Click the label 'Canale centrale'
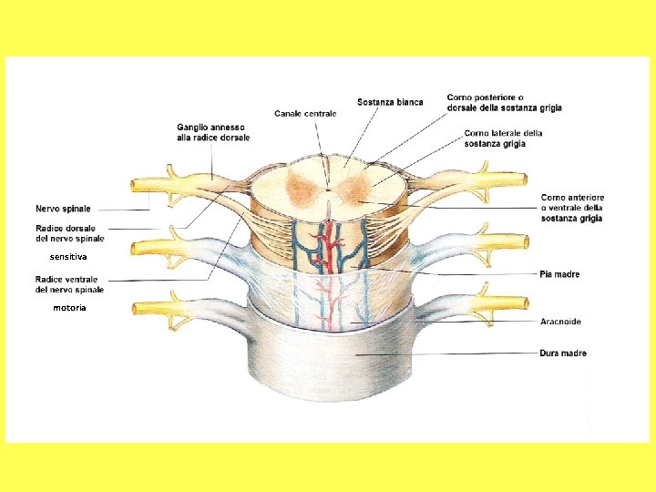click(305, 114)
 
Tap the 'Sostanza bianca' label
click(390, 102)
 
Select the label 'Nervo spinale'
click(63, 209)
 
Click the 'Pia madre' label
click(559, 274)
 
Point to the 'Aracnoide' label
click(560, 322)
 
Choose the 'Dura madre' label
click(563, 354)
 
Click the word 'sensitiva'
click(68, 258)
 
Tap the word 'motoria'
click(69, 309)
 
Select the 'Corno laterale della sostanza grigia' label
click(503, 138)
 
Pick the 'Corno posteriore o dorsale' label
click(504, 102)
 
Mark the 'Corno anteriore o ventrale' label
click(572, 208)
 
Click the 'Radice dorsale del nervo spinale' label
click(70, 233)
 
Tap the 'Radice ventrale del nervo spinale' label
click(69, 284)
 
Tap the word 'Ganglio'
click(193, 126)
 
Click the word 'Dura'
click(551, 354)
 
